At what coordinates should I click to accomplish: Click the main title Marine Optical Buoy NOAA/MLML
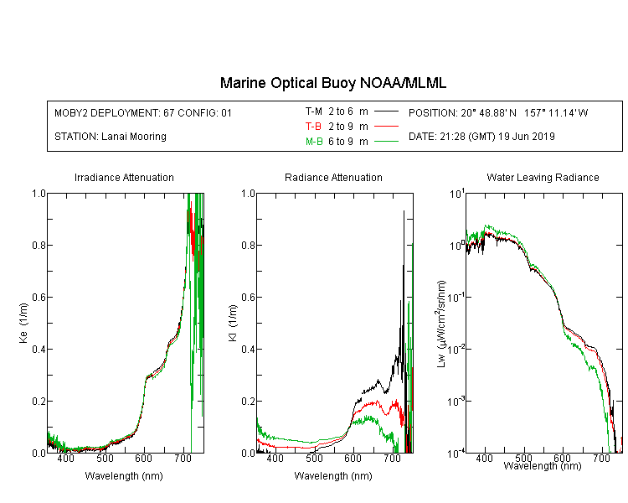332,83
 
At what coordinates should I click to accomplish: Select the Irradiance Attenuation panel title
124,178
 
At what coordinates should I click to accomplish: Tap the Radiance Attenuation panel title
333,178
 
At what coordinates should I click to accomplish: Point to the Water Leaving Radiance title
543,178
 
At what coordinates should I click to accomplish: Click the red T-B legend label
314,127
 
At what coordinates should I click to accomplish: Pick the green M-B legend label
314,142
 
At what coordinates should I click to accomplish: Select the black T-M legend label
314,111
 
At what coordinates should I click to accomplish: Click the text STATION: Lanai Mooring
111,137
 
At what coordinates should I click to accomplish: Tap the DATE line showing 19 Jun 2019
481,137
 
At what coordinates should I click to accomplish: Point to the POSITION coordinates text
498,113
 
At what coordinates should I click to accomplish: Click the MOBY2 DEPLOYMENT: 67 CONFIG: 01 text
143,113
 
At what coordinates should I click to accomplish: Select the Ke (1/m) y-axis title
23,323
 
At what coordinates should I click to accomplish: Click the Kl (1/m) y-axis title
233,323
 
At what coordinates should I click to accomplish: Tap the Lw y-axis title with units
441,324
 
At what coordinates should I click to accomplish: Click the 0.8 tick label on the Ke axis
39,245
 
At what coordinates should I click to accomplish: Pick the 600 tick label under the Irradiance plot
143,459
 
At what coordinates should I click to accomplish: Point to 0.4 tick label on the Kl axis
249,350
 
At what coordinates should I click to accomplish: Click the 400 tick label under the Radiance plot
275,459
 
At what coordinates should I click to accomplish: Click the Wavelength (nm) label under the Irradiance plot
124,476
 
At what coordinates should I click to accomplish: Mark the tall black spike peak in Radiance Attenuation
404,211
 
